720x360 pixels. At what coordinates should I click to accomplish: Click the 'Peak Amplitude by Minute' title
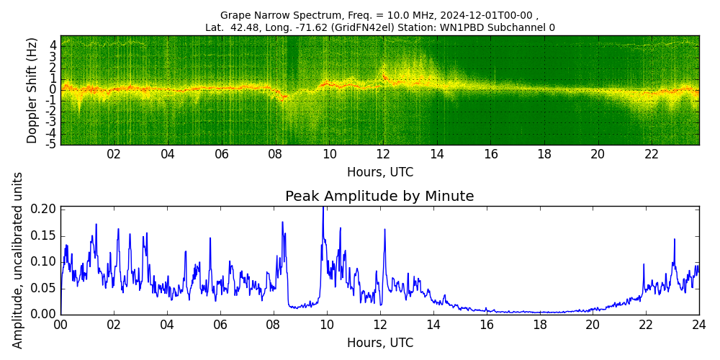point(379,197)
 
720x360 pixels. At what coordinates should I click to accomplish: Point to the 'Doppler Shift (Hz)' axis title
point(32,90)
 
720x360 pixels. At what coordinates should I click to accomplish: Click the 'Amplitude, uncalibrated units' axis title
point(18,260)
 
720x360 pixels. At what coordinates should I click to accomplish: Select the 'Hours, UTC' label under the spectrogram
point(379,172)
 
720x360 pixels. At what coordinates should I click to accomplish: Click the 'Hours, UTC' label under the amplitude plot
point(379,343)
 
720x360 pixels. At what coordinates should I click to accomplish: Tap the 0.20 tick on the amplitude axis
point(44,209)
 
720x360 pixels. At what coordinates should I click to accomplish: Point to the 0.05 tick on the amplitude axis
point(44,288)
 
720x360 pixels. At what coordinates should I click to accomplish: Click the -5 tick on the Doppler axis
point(51,144)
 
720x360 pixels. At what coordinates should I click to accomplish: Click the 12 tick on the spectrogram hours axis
point(383,154)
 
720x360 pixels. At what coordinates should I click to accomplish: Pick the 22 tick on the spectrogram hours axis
point(652,154)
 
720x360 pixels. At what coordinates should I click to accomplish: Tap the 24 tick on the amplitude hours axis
point(698,325)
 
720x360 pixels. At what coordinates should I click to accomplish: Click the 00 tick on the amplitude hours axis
point(61,325)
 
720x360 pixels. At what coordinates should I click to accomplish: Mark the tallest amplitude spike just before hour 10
point(323,208)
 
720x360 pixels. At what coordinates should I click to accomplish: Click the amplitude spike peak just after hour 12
point(384,230)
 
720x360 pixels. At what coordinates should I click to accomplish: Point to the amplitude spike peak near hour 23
point(674,239)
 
